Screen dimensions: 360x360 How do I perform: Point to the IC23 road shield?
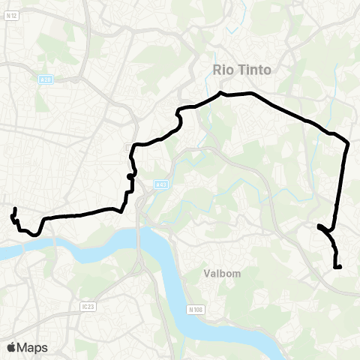(x=88, y=306)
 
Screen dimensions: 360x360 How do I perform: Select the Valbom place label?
(x=222, y=274)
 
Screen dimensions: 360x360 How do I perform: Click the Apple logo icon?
(x=12, y=346)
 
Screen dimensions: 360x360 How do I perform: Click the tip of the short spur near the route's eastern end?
(x=319, y=225)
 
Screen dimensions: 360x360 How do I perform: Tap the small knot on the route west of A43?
(x=130, y=176)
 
